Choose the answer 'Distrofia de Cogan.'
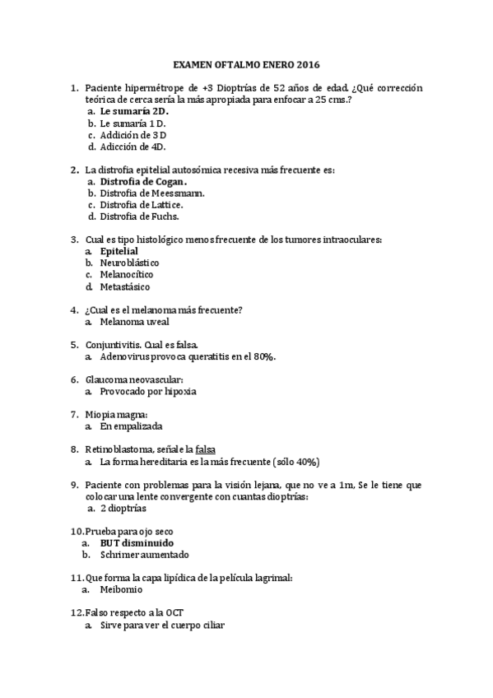[143, 181]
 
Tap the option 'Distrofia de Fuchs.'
[139, 216]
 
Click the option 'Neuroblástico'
[129, 263]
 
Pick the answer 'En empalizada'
[131, 427]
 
